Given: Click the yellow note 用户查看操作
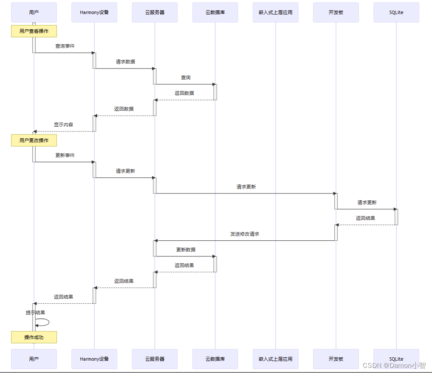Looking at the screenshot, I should [x=34, y=31].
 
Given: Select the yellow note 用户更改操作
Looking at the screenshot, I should [x=34, y=140].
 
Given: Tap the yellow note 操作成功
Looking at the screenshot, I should [x=34, y=337].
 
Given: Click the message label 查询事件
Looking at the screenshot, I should [x=65, y=46].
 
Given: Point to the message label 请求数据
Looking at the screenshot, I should [x=125, y=62].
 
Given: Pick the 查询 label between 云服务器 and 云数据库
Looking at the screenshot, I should [x=186, y=77].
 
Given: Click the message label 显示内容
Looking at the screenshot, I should [x=63, y=125].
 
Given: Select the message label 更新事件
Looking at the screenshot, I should [x=65, y=155].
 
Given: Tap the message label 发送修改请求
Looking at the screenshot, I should [x=245, y=234].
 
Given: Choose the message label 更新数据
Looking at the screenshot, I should [x=186, y=250].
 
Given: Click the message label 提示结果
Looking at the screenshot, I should [x=35, y=313].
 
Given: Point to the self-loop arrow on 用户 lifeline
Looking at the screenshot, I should [x=45, y=322].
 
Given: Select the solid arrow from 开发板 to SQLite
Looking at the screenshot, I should [x=366, y=209].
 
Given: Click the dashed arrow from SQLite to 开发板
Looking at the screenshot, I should [x=366, y=225].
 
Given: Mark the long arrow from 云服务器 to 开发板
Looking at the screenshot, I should [x=246, y=194].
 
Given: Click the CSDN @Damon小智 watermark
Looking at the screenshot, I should [x=394, y=365].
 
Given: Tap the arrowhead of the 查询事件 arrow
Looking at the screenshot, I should [x=93, y=53].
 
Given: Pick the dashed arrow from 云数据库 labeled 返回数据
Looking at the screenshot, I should [x=185, y=100].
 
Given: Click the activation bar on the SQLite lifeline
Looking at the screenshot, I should [x=396, y=216].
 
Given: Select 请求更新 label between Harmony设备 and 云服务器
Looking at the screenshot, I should [x=125, y=171].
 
